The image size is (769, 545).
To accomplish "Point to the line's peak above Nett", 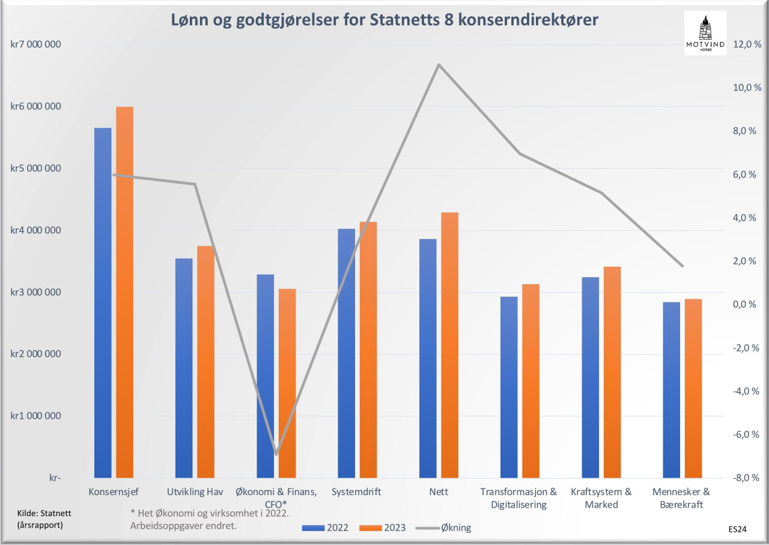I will click(439, 64).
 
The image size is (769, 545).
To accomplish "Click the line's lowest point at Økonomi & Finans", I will click(276, 454).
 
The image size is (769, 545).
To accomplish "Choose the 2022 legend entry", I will click(325, 528).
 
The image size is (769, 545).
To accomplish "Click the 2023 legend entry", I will click(382, 528).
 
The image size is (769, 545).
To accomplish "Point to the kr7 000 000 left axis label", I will click(35, 44).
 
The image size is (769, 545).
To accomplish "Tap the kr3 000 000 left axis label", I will click(35, 292).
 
